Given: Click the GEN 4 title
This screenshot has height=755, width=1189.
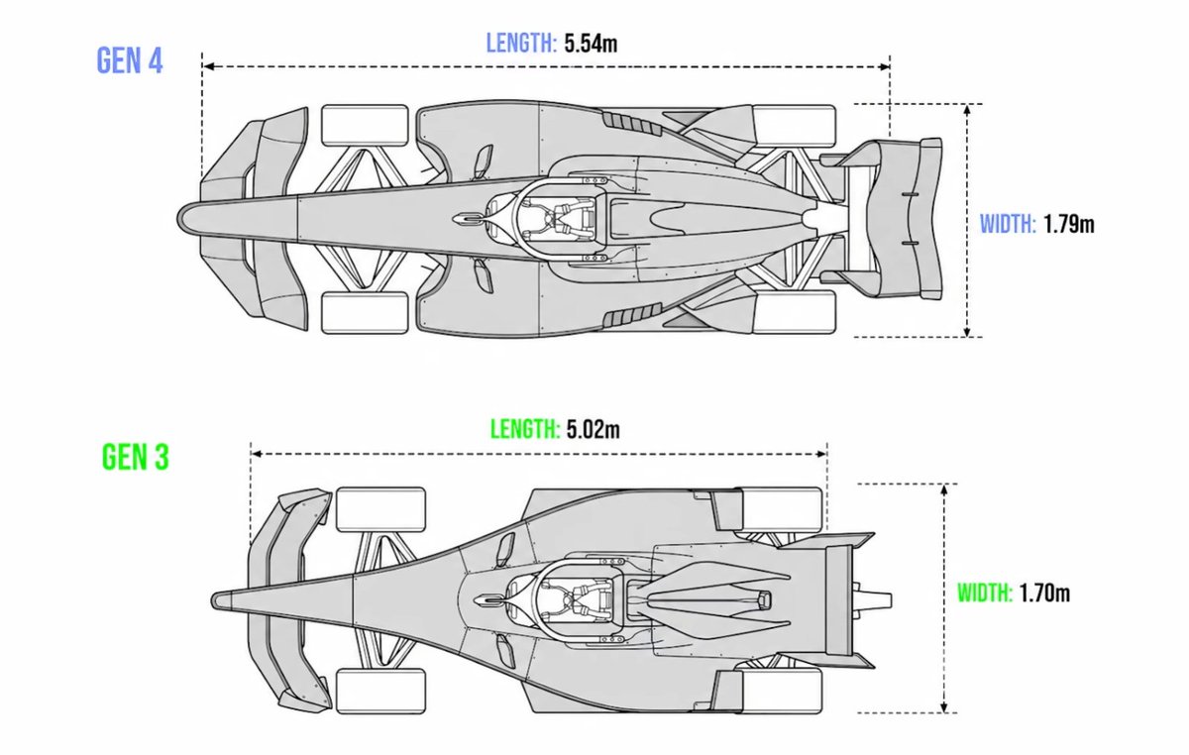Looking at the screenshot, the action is pos(130,60).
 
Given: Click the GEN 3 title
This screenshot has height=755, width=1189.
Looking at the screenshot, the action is pos(136,457).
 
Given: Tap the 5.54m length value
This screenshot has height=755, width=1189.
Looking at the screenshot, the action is pos(591,43).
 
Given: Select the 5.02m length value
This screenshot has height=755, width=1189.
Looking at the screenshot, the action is pos(593,429).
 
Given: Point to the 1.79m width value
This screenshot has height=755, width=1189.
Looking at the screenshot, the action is pos(1069,224).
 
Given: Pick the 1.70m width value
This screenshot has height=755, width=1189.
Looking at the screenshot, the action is pos(1044,593).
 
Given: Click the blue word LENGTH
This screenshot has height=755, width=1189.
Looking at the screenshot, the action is pos(521,43).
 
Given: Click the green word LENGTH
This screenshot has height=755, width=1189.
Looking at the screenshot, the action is pos(525,429).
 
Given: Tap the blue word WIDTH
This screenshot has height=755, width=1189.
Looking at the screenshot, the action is pos(1008,224).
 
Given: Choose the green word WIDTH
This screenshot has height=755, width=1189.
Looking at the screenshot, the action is pos(985,593).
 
